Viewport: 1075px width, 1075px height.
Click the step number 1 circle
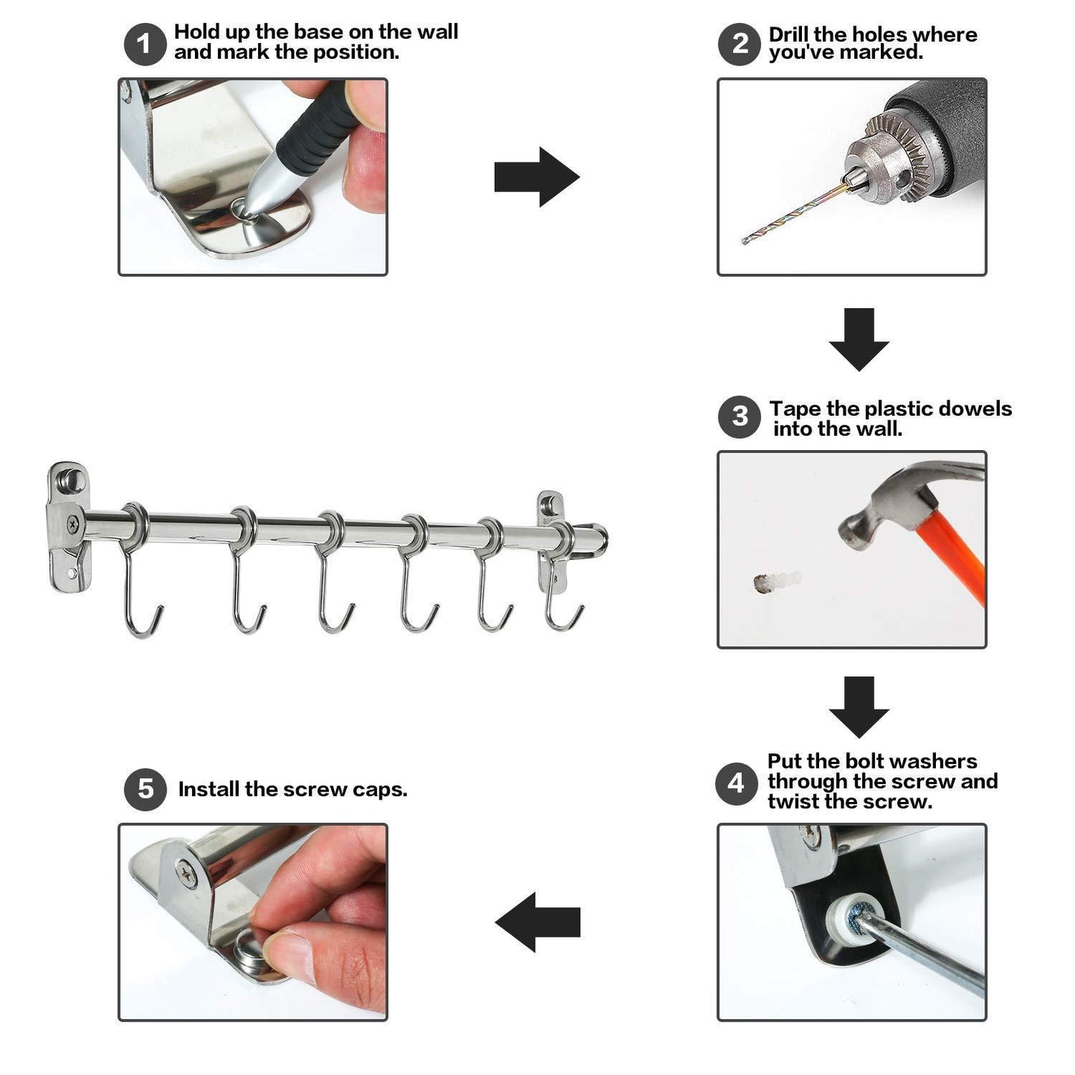coord(145,44)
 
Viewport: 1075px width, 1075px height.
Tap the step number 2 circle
coord(739,44)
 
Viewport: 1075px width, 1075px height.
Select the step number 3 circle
coord(739,417)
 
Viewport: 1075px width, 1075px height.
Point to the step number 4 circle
coord(737,784)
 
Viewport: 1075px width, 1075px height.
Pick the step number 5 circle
coord(145,789)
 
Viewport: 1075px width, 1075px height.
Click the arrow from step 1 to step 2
coord(536,177)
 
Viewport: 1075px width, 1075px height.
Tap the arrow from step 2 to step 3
coord(859,339)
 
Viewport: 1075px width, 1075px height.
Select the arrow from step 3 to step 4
coord(859,707)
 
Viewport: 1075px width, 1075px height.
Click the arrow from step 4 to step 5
coord(537,922)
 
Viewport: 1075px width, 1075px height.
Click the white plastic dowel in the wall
coord(778,581)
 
